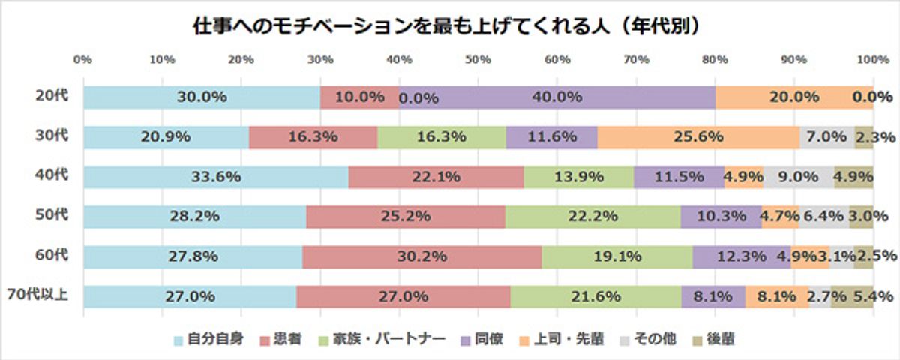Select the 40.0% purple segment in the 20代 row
[556, 97]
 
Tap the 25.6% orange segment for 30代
[697, 136]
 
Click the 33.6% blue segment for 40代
[216, 177]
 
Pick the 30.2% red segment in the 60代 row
[423, 256]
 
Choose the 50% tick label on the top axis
[478, 58]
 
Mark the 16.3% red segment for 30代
[313, 136]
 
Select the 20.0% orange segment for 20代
[793, 97]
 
